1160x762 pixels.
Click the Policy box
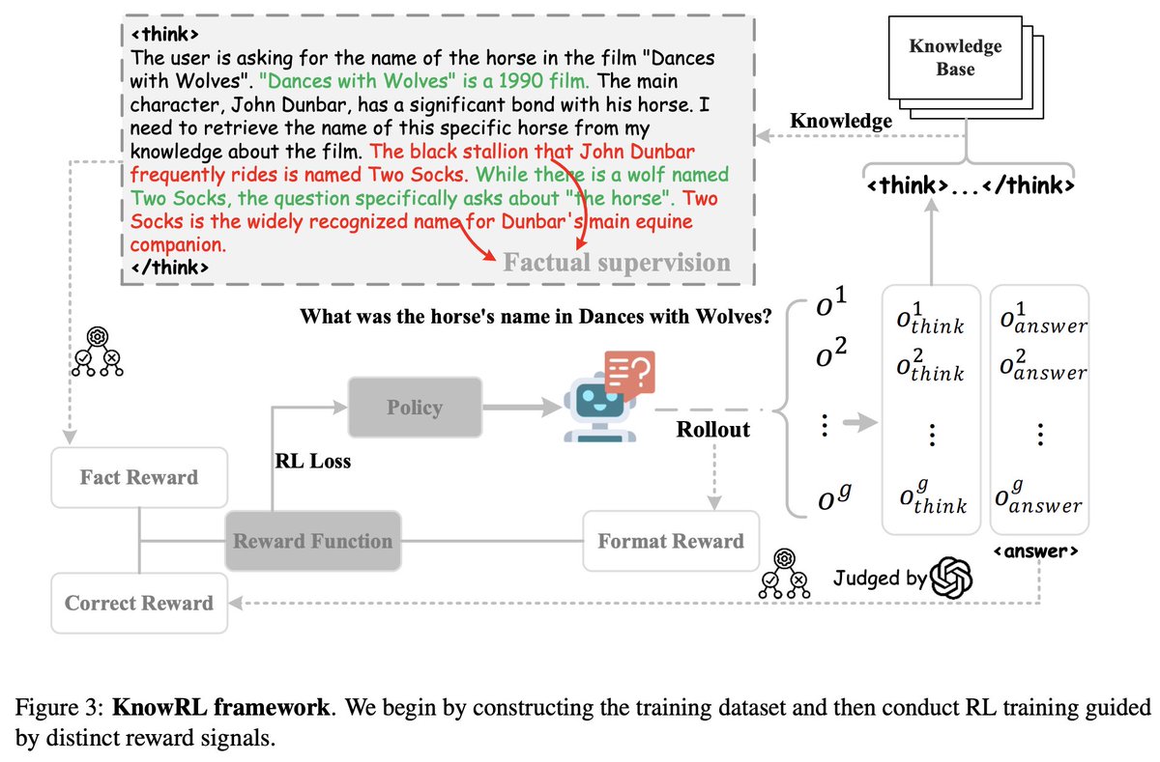[x=414, y=408]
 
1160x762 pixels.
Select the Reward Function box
[x=313, y=541]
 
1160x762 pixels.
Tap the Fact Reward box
[x=140, y=477]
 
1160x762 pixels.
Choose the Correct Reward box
[x=139, y=603]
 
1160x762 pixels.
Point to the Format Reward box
[x=671, y=541]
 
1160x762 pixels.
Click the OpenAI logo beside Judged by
[x=951, y=579]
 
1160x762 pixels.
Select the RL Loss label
[x=313, y=461]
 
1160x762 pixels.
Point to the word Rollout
[x=713, y=430]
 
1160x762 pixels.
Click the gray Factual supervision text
[x=617, y=263]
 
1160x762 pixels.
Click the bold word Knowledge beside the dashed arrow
[x=841, y=122]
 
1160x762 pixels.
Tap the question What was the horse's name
[x=536, y=316]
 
